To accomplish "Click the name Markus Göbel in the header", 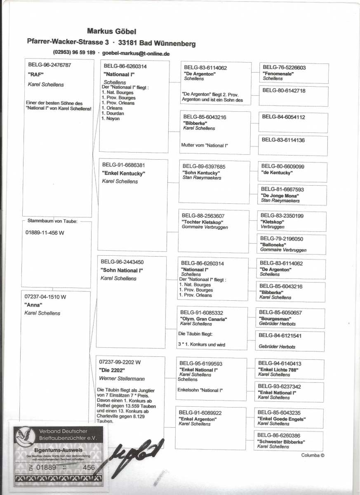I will (112, 31).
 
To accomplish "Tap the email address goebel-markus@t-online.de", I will (136, 53).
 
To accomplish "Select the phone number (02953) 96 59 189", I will (74, 53).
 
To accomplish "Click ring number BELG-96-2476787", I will (49, 65).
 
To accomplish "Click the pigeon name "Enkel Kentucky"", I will (123, 173).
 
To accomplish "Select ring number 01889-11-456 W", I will (45, 232).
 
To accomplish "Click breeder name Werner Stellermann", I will (122, 378).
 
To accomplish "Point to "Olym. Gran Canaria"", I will (204, 319).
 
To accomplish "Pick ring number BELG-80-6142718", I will (284, 90).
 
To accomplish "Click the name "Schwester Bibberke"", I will (281, 441).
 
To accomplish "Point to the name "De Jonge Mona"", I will (280, 195).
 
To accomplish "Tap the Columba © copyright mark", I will (313, 455).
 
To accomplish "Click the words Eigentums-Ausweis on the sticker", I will (58, 450).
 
